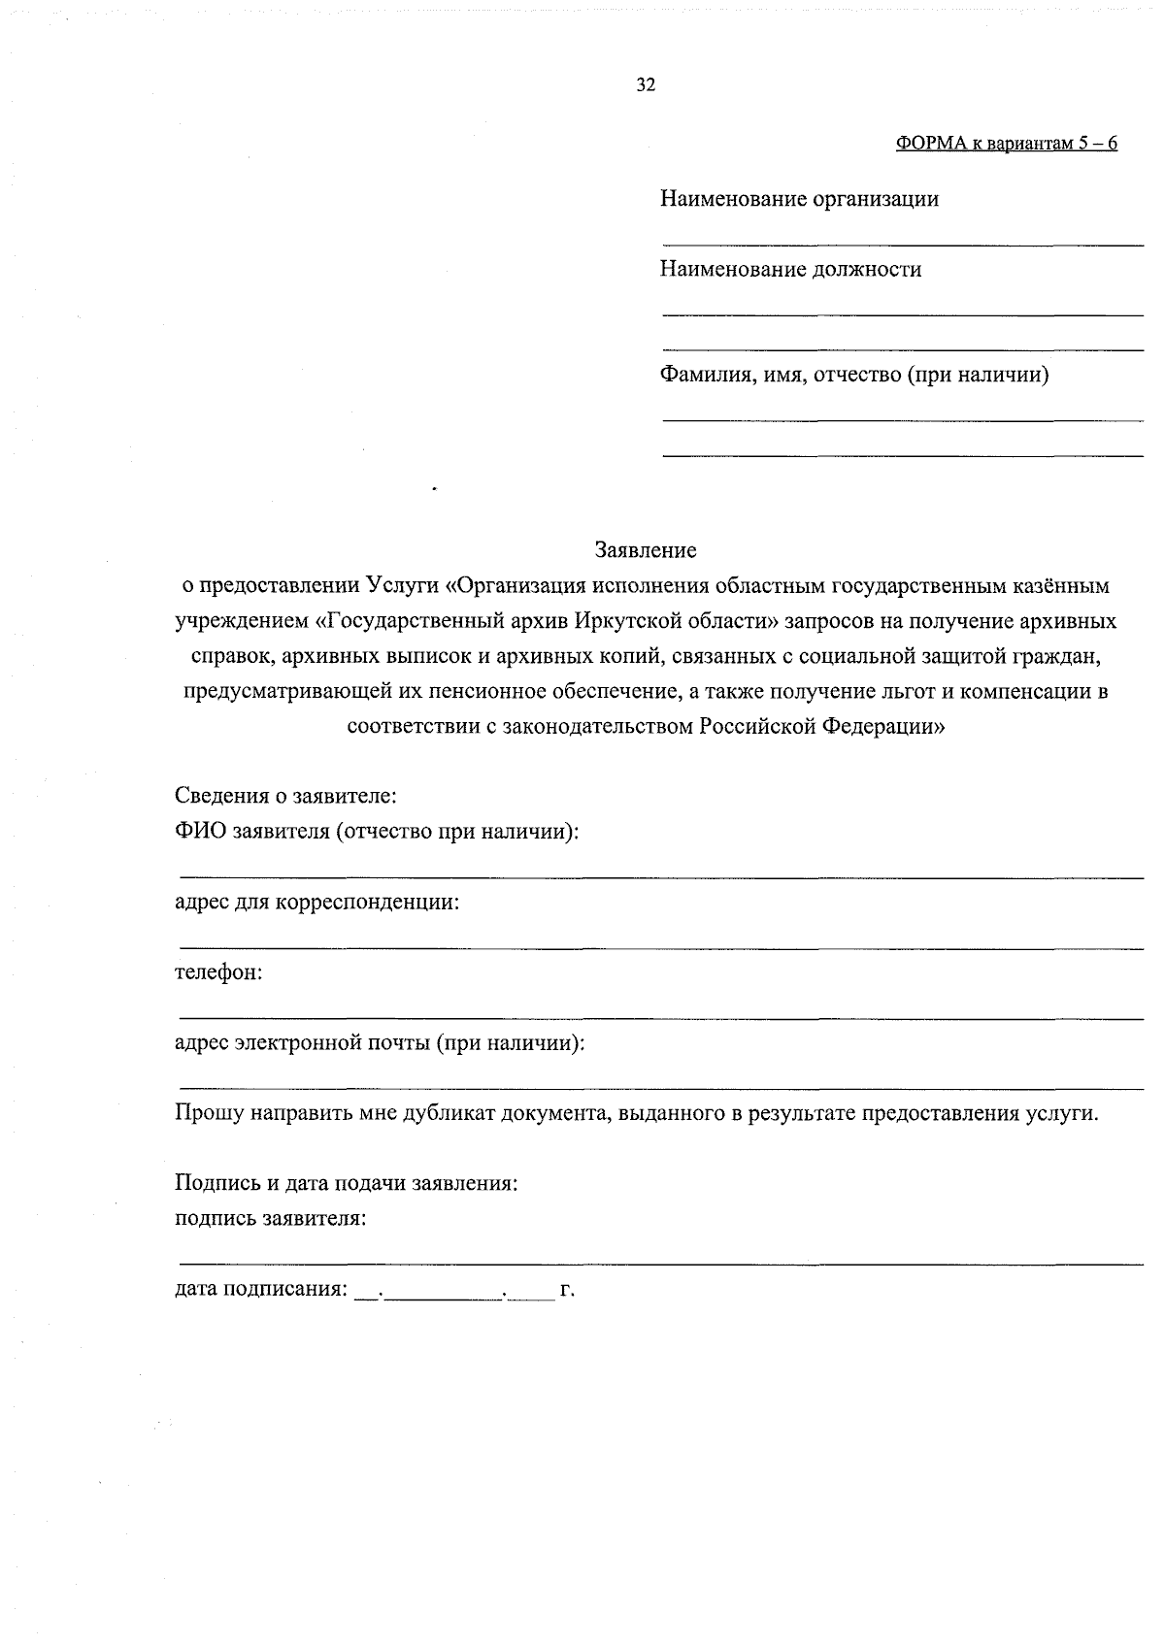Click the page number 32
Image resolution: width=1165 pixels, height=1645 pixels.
click(x=646, y=85)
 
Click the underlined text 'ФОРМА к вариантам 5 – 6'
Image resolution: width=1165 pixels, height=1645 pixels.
click(x=1006, y=144)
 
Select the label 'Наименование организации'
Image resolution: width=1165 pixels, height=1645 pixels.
click(x=799, y=200)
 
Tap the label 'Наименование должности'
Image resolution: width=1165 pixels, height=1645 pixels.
click(x=790, y=270)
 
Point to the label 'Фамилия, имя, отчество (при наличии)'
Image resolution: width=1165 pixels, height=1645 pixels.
click(x=854, y=375)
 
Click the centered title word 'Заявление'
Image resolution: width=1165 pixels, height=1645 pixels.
click(x=646, y=550)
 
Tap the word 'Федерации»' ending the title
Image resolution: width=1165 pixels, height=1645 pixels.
click(x=883, y=727)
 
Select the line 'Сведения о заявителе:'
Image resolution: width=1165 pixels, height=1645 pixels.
click(x=286, y=797)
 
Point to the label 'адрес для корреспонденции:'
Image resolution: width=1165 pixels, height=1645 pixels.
click(x=316, y=903)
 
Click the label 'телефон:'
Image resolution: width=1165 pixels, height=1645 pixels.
click(x=218, y=972)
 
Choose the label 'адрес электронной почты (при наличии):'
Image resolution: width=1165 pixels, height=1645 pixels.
click(x=380, y=1043)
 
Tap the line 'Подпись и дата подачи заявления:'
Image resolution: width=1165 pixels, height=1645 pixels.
click(x=346, y=1184)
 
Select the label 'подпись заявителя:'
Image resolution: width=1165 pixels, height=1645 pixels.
click(x=270, y=1219)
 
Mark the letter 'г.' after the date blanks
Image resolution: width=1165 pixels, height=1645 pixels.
click(x=568, y=1291)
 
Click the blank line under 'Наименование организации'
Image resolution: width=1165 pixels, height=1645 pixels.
click(x=902, y=245)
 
